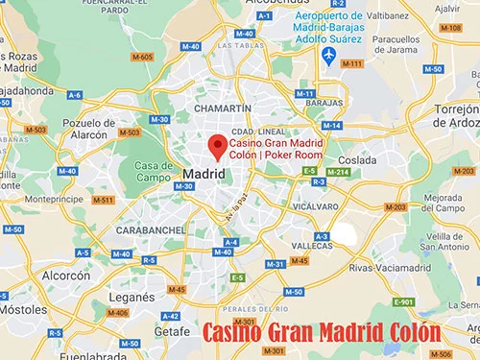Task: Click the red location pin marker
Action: click(218, 147)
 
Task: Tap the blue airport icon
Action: click(329, 56)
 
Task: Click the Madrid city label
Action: click(203, 175)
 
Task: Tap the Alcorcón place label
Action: click(64, 276)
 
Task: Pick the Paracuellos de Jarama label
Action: click(401, 45)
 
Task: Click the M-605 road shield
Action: click(145, 58)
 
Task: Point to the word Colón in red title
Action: click(401, 333)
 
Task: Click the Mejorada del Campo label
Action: click(444, 205)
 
